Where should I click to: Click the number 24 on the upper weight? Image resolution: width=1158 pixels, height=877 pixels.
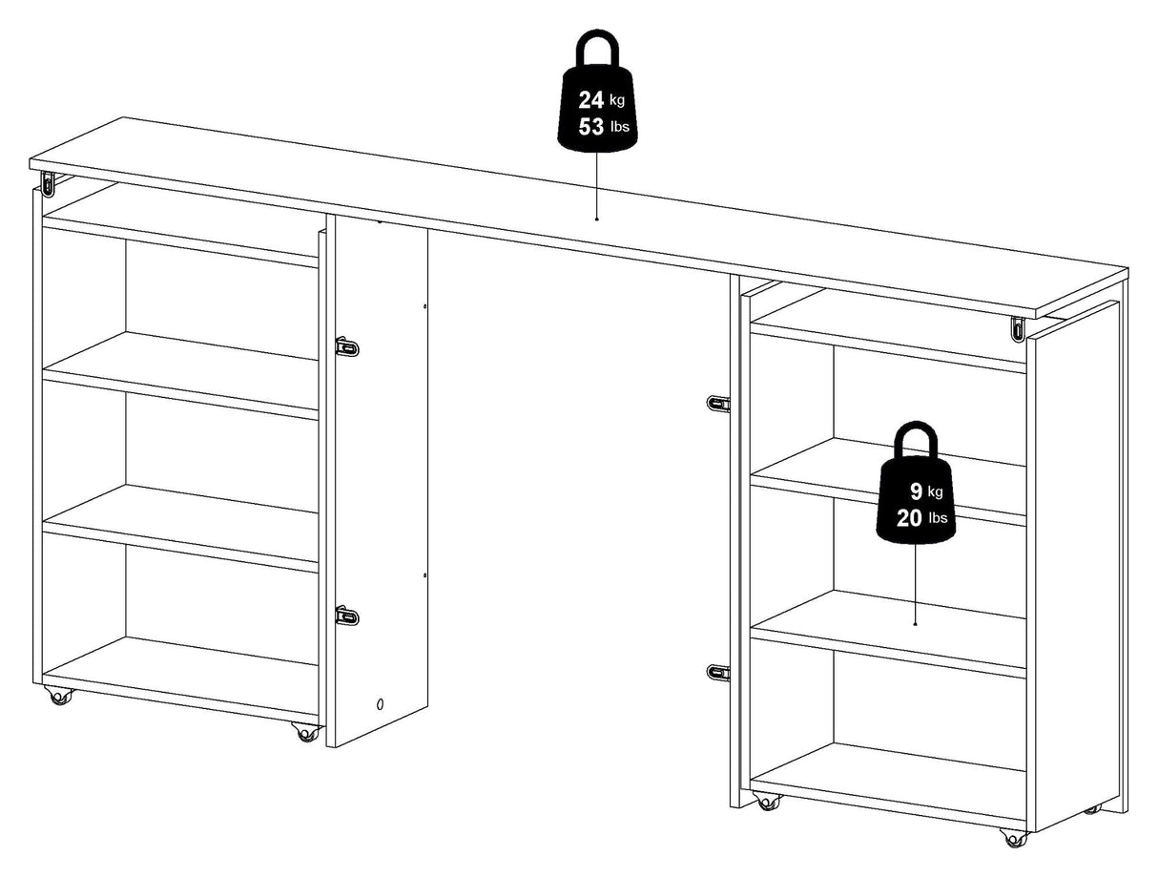[590, 100]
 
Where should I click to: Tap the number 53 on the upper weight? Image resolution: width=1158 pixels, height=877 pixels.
[590, 127]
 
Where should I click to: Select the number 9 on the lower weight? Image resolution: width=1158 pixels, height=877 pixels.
[916, 491]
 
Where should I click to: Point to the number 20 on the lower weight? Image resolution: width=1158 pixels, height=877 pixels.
[908, 518]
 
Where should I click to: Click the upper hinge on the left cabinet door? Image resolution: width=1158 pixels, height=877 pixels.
[346, 346]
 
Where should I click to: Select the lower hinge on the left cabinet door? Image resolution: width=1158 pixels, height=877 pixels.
[346, 616]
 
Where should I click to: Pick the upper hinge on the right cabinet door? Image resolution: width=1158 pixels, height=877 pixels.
[718, 403]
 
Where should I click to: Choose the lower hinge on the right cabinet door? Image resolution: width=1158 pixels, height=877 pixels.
[718, 672]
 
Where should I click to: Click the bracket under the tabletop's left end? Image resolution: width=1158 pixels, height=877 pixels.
[48, 182]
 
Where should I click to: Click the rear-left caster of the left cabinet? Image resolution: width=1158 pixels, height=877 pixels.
[59, 696]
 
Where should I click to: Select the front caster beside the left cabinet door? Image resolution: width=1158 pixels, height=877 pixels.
[306, 731]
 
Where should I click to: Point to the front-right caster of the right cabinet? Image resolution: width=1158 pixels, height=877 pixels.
[1014, 838]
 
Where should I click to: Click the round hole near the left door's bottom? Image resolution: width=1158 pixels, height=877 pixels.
[381, 704]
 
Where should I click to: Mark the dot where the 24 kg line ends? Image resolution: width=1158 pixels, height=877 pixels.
[597, 219]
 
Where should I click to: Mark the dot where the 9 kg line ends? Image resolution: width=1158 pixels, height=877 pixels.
[916, 624]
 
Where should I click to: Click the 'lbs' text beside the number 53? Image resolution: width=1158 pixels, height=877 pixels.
[619, 128]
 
